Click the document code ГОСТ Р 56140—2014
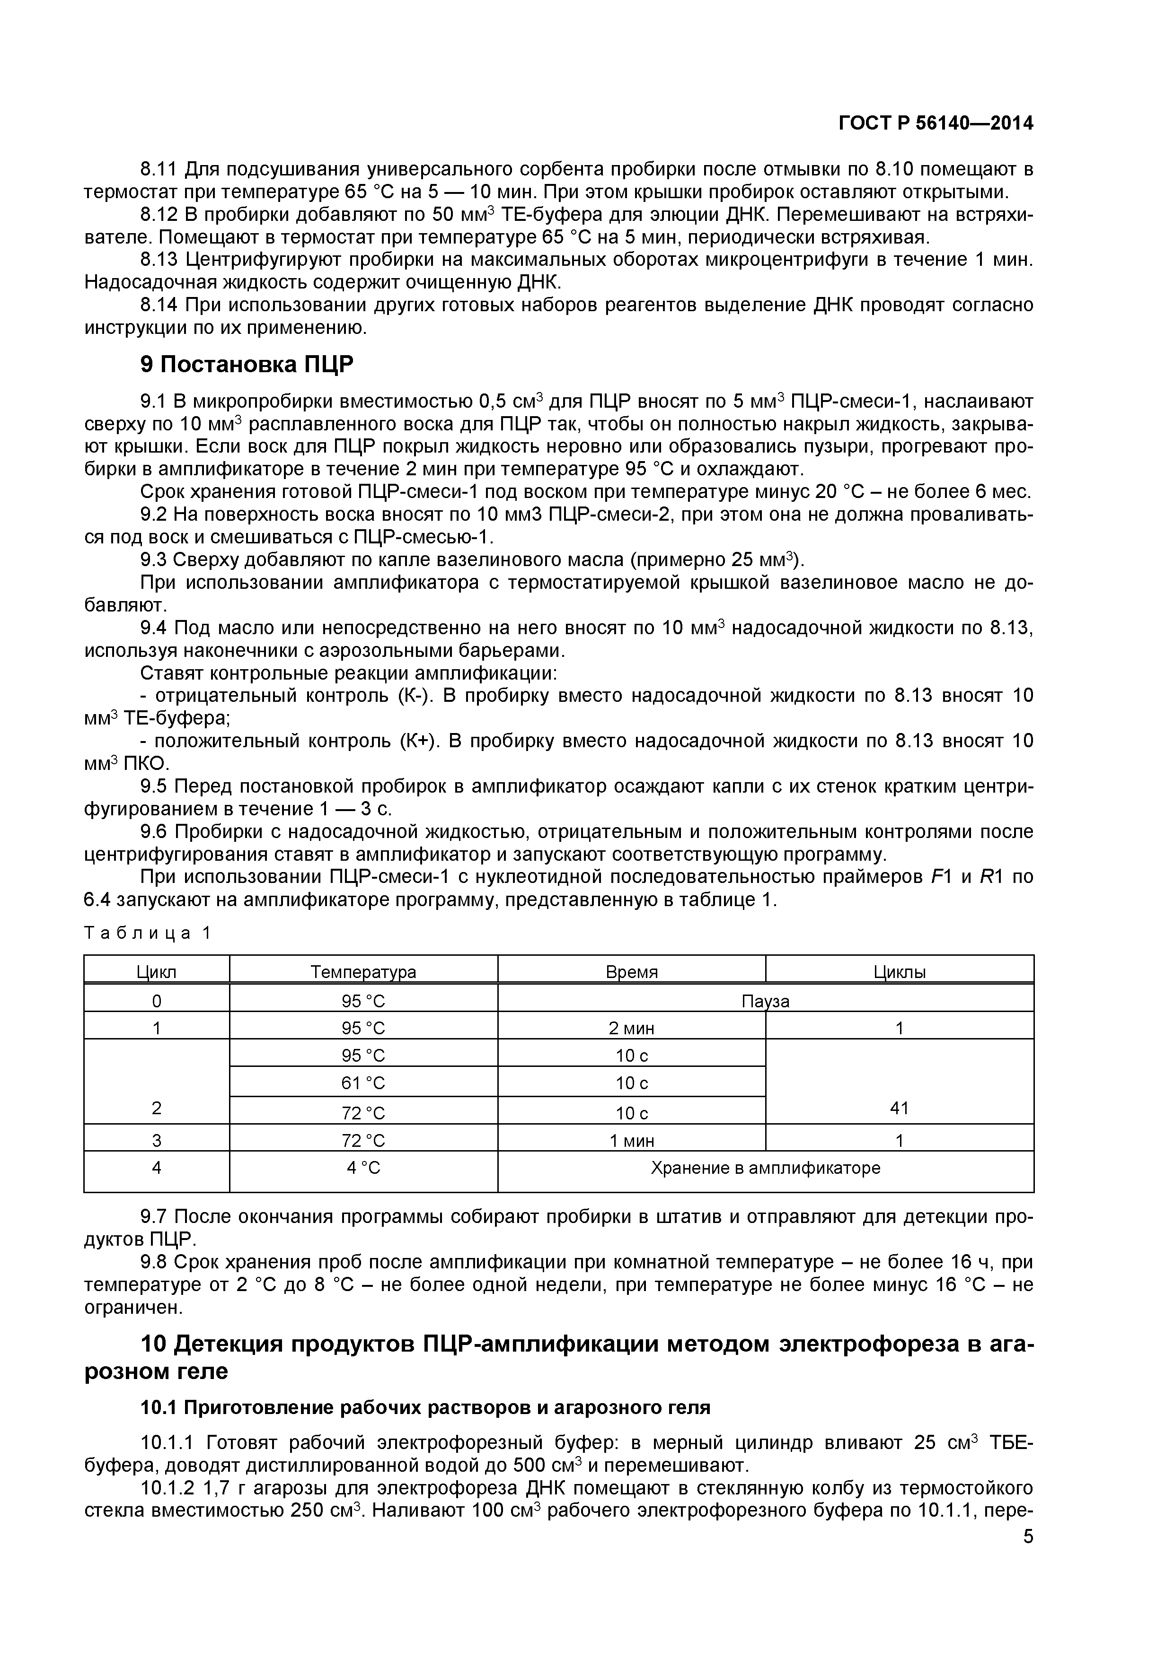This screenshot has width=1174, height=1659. pos(936,123)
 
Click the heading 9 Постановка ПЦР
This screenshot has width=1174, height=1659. pos(247,365)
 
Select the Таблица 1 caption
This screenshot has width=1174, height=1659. pos(148,932)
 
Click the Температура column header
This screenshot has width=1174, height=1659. pos(363,972)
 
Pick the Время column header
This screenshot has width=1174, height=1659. pos(631,972)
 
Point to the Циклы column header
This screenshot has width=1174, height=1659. pos(899,972)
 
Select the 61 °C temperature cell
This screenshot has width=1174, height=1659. pos(363,1083)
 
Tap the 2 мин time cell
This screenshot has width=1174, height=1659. pos(631,1028)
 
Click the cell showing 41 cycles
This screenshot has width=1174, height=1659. pos(899,1108)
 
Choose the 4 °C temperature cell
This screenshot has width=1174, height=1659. pos(363,1168)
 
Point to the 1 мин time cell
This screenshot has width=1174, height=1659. pos(631,1141)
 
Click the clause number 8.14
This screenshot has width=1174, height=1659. pos(160,305)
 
